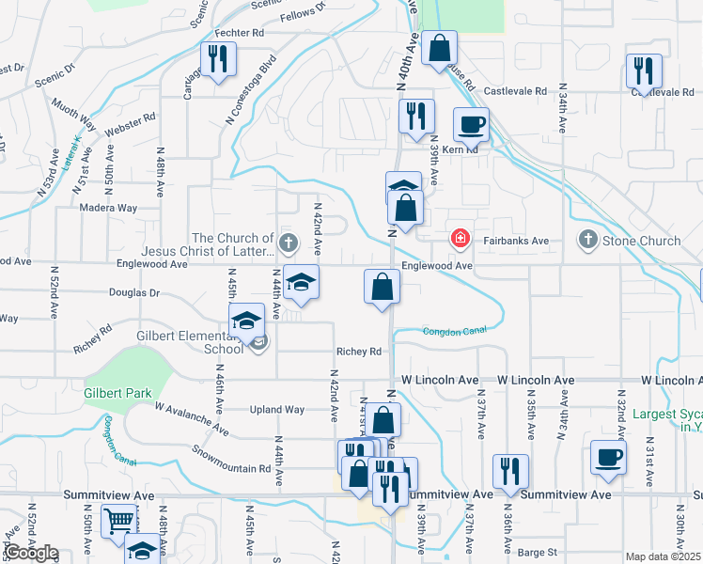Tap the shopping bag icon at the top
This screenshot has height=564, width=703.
point(439,47)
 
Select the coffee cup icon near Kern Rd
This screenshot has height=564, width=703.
point(471,125)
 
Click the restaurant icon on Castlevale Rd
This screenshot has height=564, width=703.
point(644,70)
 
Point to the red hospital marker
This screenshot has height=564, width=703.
point(460,239)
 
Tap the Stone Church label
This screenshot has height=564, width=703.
point(641,241)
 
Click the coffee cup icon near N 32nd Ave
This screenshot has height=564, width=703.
point(607,458)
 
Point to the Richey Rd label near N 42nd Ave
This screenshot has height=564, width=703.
point(361,352)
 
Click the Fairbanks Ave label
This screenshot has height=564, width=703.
point(516,241)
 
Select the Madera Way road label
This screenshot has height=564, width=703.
point(109,208)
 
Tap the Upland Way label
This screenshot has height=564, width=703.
point(277,410)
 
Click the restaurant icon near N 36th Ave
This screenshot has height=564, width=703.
point(510,469)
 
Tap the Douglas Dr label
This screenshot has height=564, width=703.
point(134,293)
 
